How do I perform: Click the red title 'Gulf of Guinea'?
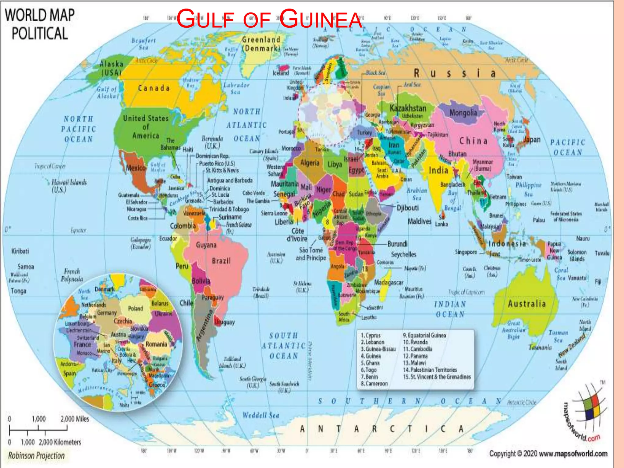[x=269, y=19]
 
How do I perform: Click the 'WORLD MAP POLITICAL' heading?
[x=40, y=24]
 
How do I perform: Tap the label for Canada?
[x=154, y=88]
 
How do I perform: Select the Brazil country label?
[x=221, y=261]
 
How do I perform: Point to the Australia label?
[x=527, y=304]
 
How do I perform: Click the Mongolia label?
[x=463, y=113]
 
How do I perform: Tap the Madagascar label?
[x=388, y=282]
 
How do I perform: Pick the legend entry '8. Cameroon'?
[x=374, y=384]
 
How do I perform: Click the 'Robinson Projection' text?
[x=36, y=456]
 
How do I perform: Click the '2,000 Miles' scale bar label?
[x=75, y=419]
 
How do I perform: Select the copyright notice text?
[x=548, y=454]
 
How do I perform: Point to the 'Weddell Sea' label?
[x=261, y=415]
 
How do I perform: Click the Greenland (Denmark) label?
[x=261, y=44]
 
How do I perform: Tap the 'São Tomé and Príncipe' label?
[x=311, y=254]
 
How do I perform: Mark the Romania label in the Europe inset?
[x=156, y=344]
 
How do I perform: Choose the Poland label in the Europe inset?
[x=136, y=309]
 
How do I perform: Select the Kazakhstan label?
[x=408, y=108]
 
